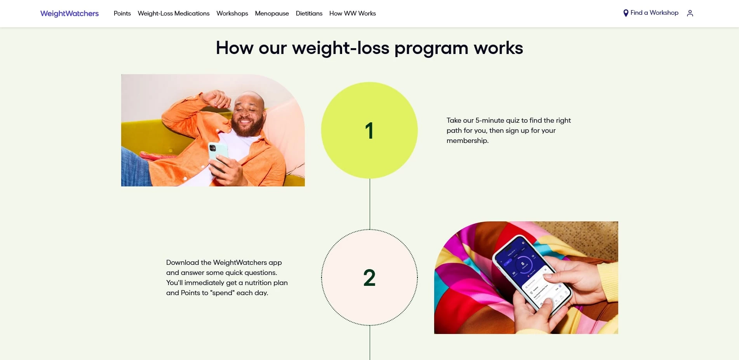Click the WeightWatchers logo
pos(70,14)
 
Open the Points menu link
pos(122,14)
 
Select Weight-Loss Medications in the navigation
pos(174,14)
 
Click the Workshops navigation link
pos(232,14)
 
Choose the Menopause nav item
pos(272,14)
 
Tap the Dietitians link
pos(309,14)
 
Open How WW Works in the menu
pos(353,14)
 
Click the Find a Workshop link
pos(654,13)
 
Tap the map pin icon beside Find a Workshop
pos(626,13)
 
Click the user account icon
pos(690,13)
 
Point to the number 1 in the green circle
pos(369,130)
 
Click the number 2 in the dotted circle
pos(369,278)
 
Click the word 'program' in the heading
pos(431,48)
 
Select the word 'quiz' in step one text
pos(513,120)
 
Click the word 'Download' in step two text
pos(183,263)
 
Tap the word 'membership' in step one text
pos(467,141)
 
